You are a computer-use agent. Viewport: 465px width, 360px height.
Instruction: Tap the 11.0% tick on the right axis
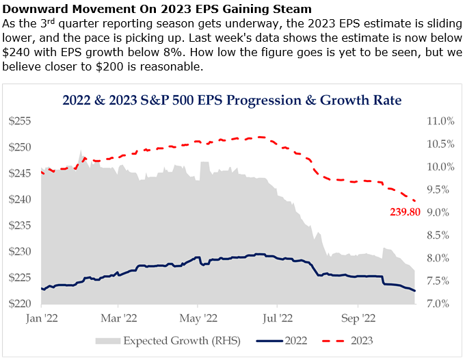pyautogui.click(x=440, y=121)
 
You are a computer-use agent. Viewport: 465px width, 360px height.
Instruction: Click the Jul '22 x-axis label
pyautogui.click(x=278, y=318)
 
